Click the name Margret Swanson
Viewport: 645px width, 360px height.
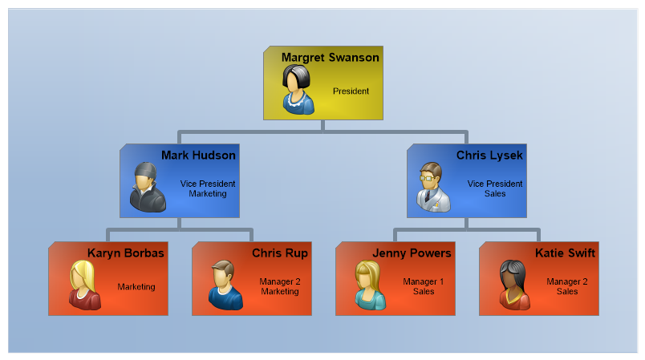coord(330,58)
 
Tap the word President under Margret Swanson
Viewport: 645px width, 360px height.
coord(351,91)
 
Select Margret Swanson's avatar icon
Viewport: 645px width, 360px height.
coord(297,88)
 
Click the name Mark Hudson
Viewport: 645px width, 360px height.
coord(198,155)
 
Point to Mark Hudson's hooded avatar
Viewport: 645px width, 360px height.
coord(148,187)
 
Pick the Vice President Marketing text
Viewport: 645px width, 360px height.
coord(208,188)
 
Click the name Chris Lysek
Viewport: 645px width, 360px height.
coord(489,155)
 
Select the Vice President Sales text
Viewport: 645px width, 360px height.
coord(495,188)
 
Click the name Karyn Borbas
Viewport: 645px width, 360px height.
coord(125,253)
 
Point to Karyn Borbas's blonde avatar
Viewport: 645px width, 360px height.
coord(84,285)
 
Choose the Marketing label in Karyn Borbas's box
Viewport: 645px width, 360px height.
coord(136,286)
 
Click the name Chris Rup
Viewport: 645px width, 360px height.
coord(280,253)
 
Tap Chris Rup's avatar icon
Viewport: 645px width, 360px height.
coord(225,285)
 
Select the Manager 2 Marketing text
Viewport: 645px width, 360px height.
coord(279,286)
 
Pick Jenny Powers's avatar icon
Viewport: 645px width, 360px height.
coord(370,285)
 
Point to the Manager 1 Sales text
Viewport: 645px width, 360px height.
coord(424,286)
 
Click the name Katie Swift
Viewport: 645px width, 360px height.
coord(565,253)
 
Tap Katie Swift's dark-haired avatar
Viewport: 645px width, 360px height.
coord(513,285)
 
